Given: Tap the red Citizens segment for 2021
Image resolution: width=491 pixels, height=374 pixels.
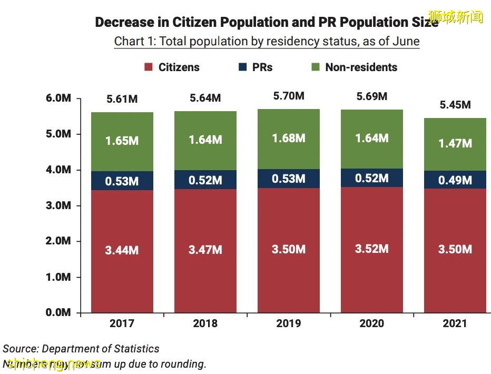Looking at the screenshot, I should click(455, 274).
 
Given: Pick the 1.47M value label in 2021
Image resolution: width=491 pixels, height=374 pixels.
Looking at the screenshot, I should click(455, 143).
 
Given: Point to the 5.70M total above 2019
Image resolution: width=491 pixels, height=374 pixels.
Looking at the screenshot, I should click(289, 96).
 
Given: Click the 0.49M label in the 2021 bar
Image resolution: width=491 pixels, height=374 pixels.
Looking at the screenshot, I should click(455, 180).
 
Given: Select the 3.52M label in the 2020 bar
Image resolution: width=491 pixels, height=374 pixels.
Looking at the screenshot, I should click(372, 249).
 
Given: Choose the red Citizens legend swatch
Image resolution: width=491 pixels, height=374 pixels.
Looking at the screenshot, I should click(148, 67).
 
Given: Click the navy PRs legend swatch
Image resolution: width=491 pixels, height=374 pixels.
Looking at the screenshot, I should click(243, 67).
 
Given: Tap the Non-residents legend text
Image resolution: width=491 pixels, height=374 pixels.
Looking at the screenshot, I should click(361, 67).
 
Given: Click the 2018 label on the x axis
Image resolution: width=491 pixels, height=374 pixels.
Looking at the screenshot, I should click(205, 323).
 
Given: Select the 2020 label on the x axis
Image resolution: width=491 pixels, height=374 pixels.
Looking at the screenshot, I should click(372, 323).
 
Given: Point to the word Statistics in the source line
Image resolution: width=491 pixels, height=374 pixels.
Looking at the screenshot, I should click(135, 349).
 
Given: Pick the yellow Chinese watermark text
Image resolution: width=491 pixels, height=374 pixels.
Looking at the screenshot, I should click(456, 16).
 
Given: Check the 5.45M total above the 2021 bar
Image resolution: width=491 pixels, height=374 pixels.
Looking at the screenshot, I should click(455, 105).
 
